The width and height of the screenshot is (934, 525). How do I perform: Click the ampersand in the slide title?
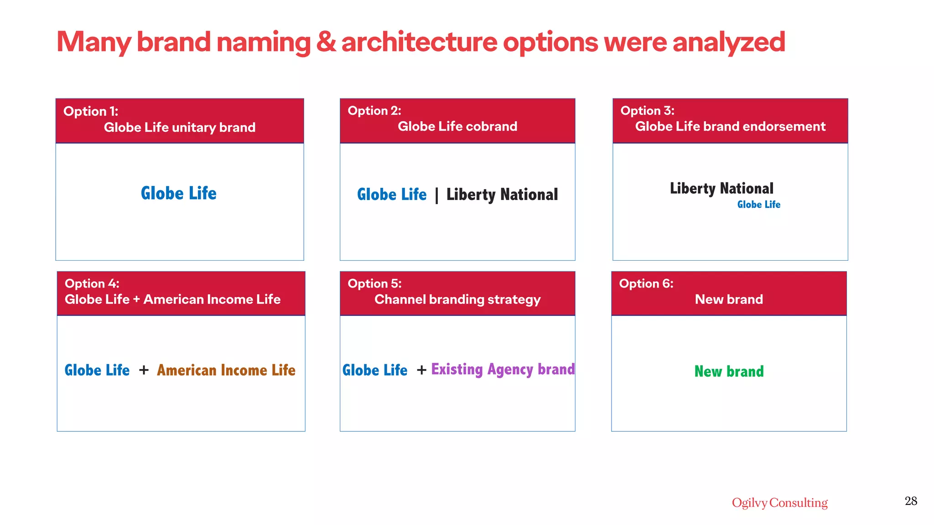click(326, 42)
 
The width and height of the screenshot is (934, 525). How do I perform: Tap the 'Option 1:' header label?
click(91, 111)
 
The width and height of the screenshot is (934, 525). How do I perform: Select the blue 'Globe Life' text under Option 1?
click(179, 193)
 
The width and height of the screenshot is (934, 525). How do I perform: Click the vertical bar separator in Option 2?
click(436, 195)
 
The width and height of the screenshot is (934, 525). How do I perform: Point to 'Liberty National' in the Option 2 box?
click(502, 195)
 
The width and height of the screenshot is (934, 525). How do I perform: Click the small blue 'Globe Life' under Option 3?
click(758, 205)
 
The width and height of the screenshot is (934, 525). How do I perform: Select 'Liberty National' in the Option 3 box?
click(721, 188)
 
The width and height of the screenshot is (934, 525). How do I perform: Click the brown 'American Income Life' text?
click(226, 370)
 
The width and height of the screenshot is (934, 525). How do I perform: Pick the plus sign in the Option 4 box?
click(144, 370)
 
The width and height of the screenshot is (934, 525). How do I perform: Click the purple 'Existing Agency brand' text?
click(503, 369)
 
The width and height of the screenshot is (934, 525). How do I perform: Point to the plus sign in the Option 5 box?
click(421, 370)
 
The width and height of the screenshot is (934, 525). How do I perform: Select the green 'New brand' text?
click(729, 371)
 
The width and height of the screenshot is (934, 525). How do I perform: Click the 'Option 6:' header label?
click(646, 283)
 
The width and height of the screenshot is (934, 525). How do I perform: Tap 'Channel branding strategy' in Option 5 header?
click(457, 299)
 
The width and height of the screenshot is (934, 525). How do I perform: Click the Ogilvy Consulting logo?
click(779, 503)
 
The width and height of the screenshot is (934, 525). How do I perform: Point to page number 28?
click(911, 501)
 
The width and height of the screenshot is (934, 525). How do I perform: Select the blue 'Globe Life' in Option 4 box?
click(97, 370)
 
